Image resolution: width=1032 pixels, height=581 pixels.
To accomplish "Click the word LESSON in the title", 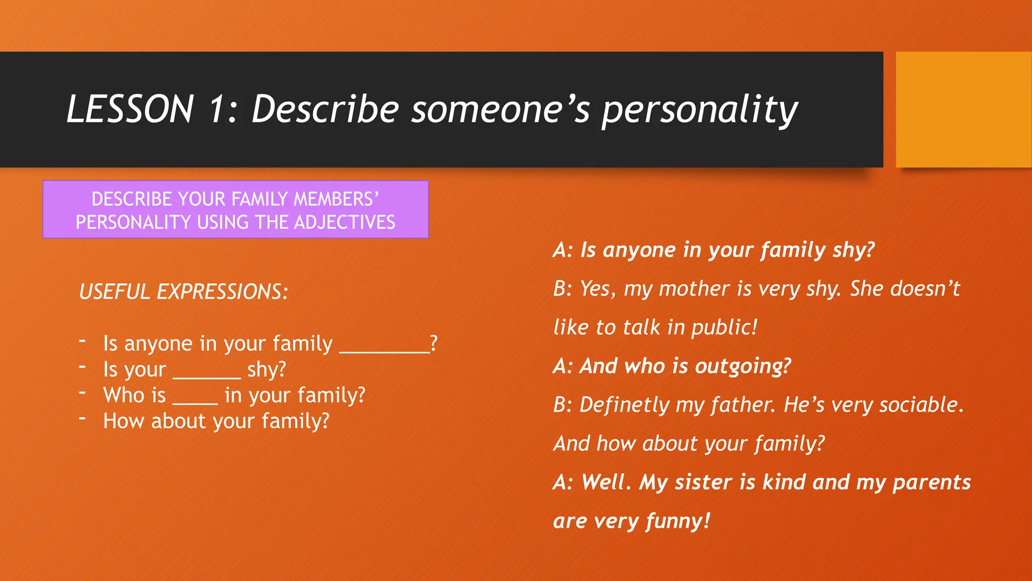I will pos(130,109).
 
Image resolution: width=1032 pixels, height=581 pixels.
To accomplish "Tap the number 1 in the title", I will pos(216,109).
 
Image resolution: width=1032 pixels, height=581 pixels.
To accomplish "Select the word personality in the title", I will pos(699,110).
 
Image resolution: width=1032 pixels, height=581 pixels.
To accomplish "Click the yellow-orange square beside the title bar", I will pos(963,109).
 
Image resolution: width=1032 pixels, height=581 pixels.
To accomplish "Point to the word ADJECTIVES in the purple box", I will pos(345,222).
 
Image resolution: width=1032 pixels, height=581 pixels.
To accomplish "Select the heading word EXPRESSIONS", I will pos(222,292).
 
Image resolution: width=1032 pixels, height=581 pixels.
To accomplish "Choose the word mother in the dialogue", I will pos(694,289).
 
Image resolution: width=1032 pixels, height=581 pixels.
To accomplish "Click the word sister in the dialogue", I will pos(703,482).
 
